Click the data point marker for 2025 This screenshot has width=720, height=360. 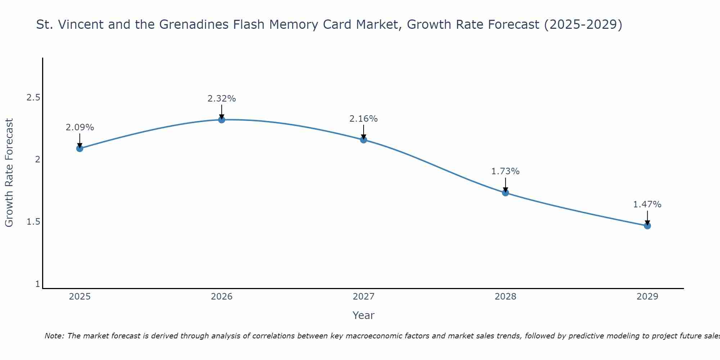coord(80,148)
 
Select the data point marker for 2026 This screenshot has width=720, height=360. coord(222,120)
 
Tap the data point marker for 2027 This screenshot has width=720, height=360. coord(364,140)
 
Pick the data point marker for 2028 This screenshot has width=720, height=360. coord(505,193)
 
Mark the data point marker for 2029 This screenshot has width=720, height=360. coord(647,226)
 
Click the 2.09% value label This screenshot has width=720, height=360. coord(80,127)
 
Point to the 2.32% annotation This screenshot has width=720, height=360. coord(222,99)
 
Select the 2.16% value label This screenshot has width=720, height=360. coord(364,119)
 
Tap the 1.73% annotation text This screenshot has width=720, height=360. coord(505,171)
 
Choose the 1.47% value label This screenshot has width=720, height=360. coord(647,204)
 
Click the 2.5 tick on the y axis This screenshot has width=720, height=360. coord(33,98)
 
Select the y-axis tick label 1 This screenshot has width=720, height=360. coord(37,284)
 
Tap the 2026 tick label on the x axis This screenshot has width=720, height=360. coord(222,297)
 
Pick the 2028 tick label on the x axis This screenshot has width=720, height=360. coord(505,297)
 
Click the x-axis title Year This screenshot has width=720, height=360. coord(364,315)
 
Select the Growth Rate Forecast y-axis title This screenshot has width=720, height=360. coord(9,173)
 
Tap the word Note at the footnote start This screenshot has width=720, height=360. coord(54,336)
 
